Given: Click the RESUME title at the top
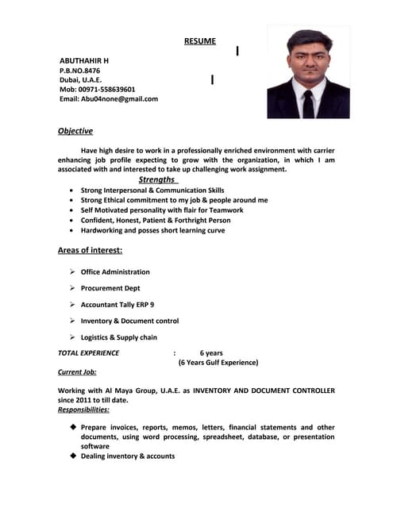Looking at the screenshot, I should coord(199,41).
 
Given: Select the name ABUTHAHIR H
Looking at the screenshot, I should coord(85,61).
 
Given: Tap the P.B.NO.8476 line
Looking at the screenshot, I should coord(80,71).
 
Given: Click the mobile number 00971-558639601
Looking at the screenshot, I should coord(106,90).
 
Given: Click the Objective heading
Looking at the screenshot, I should coord(75,131).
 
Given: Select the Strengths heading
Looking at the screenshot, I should coord(158,180).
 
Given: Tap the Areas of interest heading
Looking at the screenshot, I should coord(90,251).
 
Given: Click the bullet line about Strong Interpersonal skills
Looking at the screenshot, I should coord(152,190).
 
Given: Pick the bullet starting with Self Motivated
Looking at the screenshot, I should coord(162,210).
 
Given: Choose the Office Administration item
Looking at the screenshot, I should coord(115,272).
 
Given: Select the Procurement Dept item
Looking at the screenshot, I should coord(110,288).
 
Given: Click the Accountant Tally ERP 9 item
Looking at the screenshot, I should coord(118,305).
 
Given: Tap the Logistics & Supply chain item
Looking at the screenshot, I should coord(119,337).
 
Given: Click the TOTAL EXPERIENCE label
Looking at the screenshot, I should coord(89,353).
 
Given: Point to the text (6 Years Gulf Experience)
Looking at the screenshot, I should coord(218,363).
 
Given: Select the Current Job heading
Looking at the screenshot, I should coord(77,371).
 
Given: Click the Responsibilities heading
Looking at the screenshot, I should coord(84,410).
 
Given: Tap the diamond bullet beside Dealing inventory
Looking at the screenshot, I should coord(73,456).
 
